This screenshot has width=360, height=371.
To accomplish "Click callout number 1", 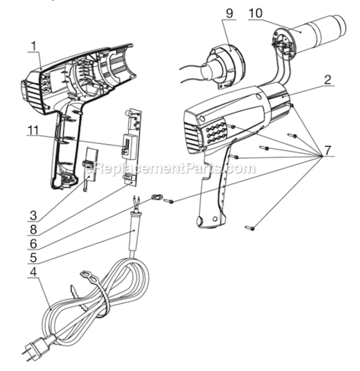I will (34, 46).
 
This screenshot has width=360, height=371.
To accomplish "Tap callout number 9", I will (229, 13).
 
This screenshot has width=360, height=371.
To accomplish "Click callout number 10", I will (257, 13).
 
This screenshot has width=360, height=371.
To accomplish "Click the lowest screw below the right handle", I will (251, 228).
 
